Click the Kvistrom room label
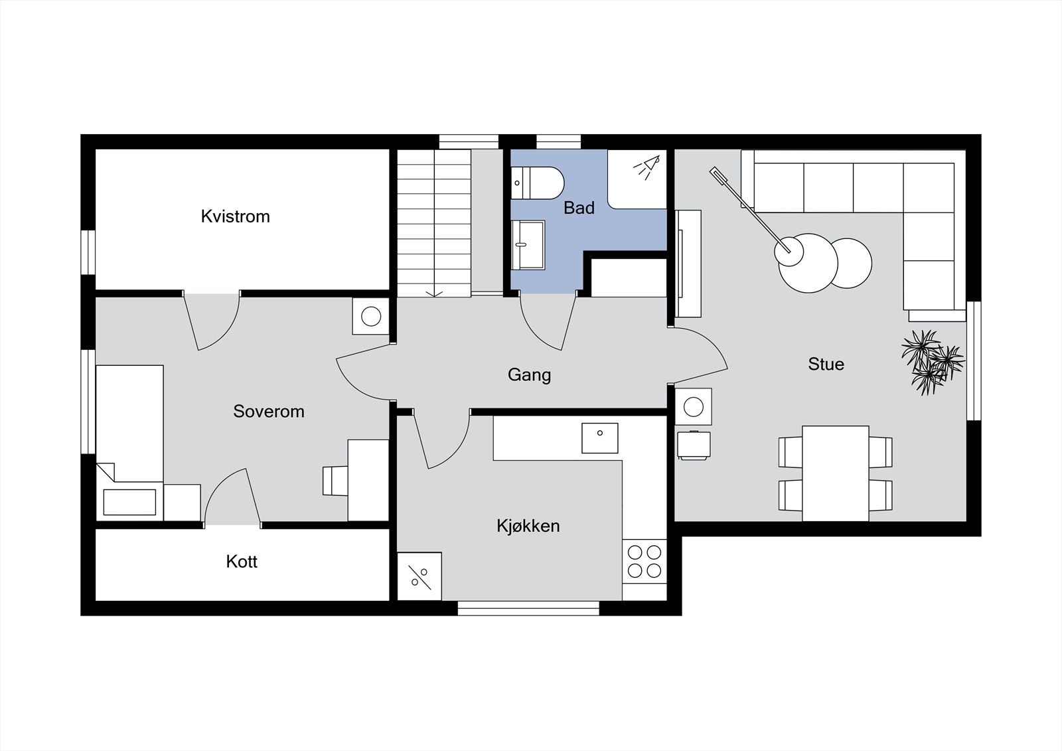[x=235, y=216]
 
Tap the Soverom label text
[x=269, y=412]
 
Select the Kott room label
[x=242, y=562]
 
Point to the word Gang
[x=529, y=375]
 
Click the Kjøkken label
[x=528, y=526]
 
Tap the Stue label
[x=826, y=364]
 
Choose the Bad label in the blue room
[x=579, y=208]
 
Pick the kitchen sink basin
[x=599, y=438]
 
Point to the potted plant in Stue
[x=931, y=361]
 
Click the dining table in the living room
[x=835, y=473]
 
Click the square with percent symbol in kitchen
[x=419, y=576]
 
